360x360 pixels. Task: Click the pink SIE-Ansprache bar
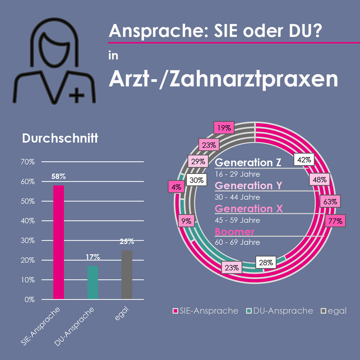click(58, 242)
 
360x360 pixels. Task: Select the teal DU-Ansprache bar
click(93, 282)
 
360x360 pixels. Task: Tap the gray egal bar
click(127, 274)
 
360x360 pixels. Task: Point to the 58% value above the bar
click(58, 176)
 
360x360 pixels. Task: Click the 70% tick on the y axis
click(28, 162)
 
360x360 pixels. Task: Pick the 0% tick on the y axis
click(29, 299)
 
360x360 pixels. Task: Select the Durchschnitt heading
click(60, 138)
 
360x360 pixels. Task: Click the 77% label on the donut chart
click(335, 221)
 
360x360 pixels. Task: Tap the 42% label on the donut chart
click(304, 160)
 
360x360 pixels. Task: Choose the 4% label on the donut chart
click(176, 187)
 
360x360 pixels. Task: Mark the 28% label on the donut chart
click(266, 263)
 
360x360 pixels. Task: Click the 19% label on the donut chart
click(224, 128)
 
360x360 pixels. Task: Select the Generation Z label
click(248, 162)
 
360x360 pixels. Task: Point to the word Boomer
click(235, 232)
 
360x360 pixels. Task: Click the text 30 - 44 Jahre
click(237, 197)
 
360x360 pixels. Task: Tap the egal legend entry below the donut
click(334, 311)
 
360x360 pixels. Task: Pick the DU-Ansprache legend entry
click(280, 311)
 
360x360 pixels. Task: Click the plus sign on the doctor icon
click(76, 96)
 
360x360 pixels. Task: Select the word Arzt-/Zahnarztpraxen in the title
click(223, 79)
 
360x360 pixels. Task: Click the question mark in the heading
click(316, 31)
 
